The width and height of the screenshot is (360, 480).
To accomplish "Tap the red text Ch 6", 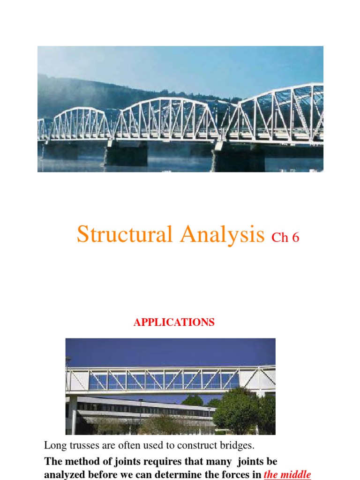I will click(285, 238).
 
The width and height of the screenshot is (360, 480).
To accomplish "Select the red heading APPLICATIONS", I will click(174, 322).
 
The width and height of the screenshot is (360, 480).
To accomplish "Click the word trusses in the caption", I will click(80, 445).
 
